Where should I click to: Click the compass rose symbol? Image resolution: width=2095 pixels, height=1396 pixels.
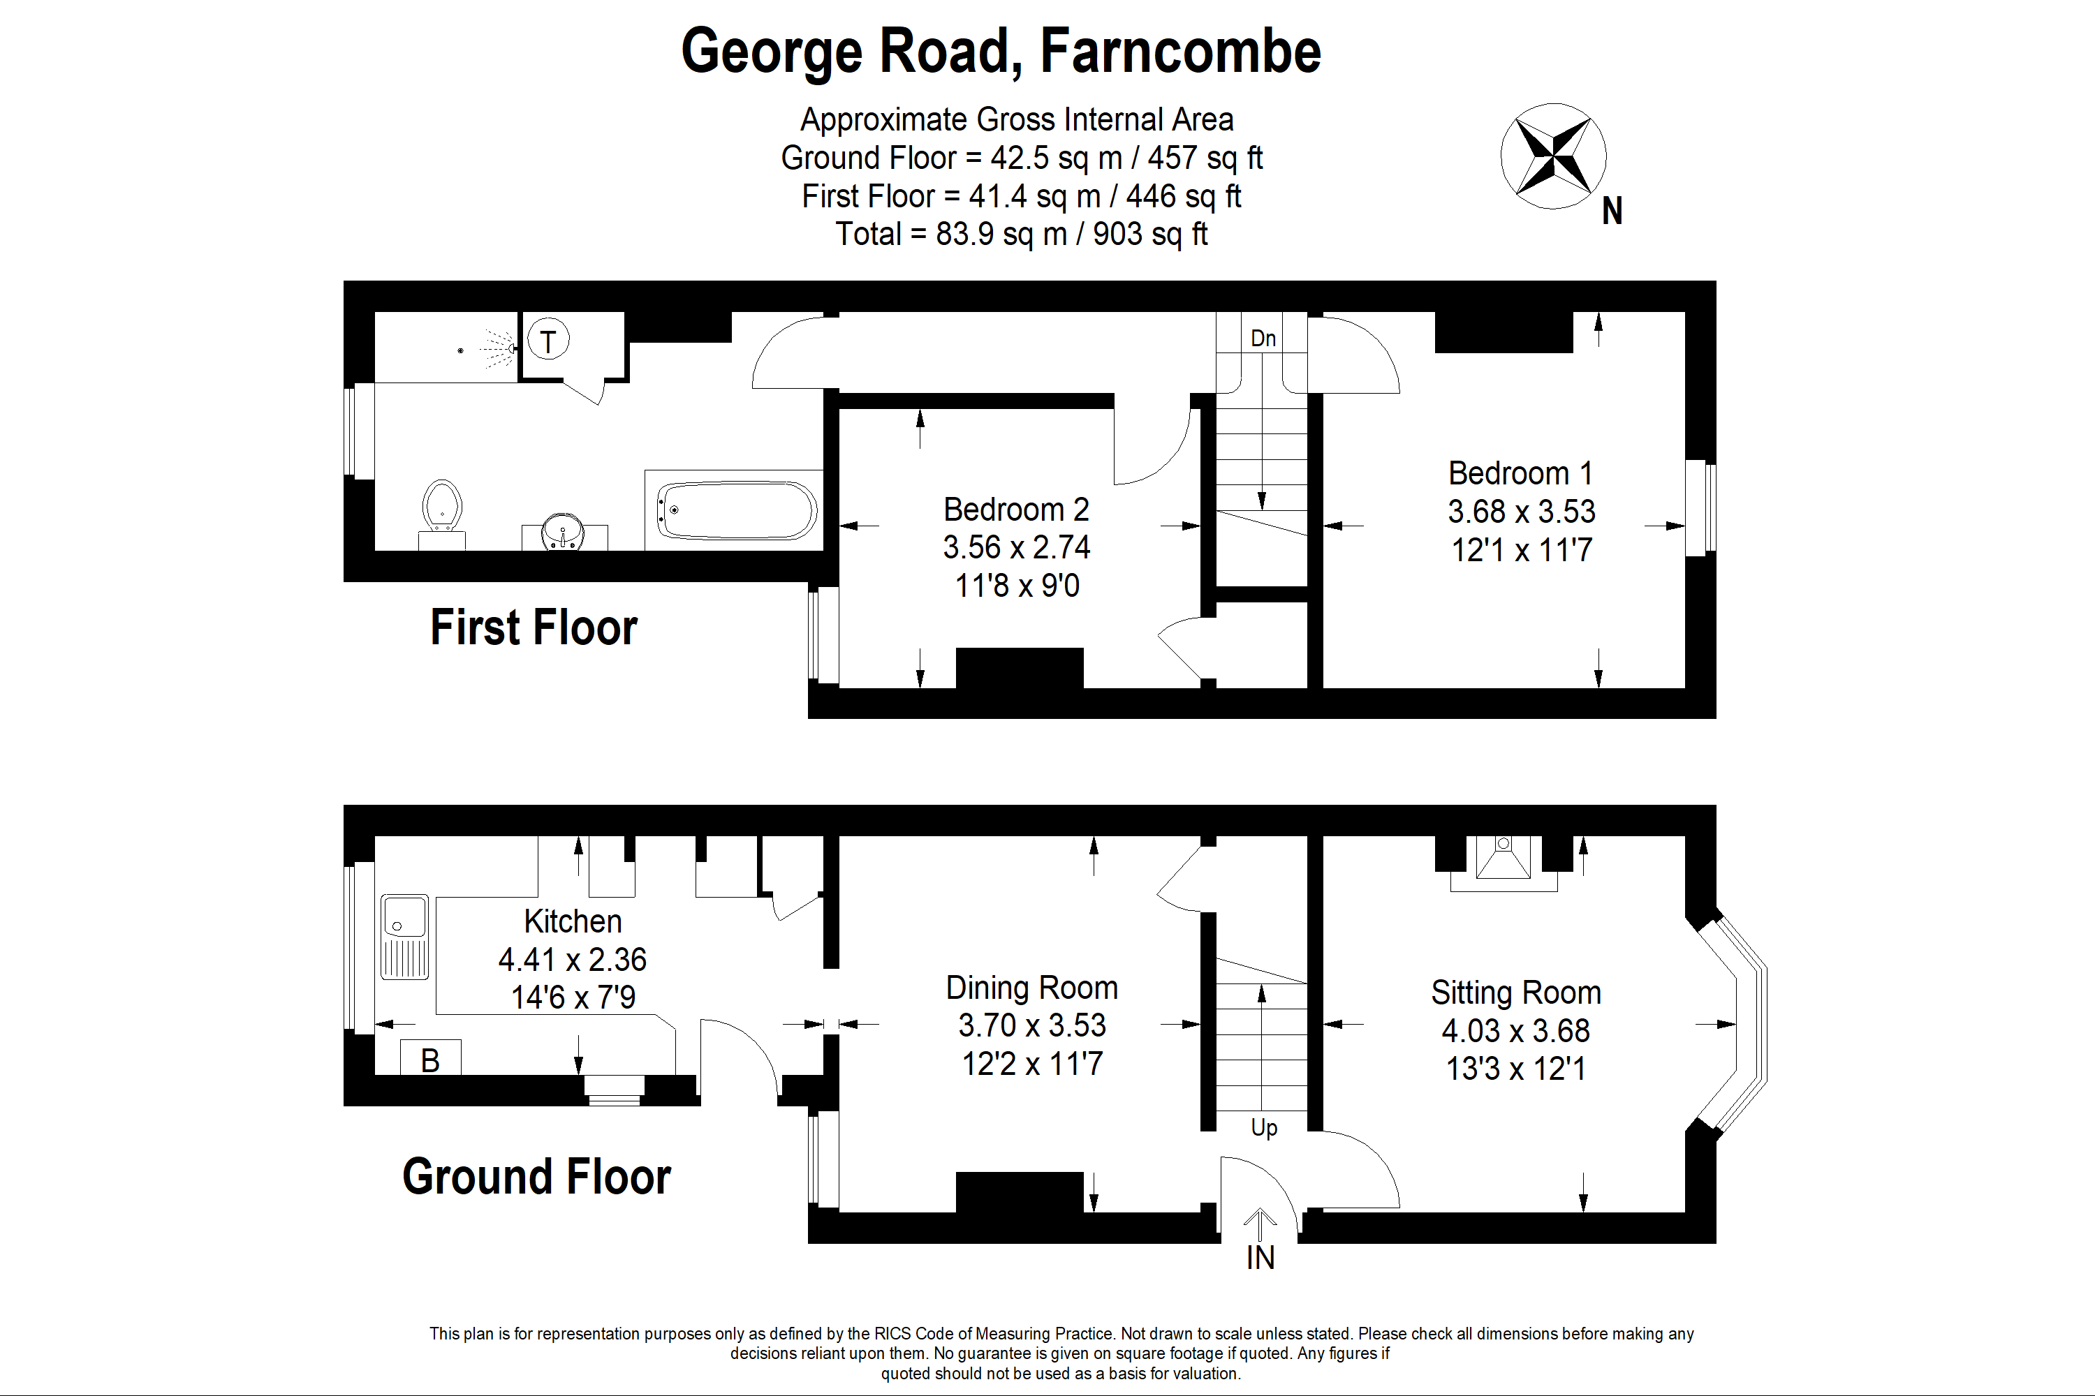point(1553,156)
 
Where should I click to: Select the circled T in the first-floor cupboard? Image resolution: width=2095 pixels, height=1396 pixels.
point(547,339)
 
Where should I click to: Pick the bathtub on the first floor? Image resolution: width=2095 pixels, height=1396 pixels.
point(737,510)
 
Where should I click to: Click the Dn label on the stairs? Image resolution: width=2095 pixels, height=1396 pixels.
point(1263,339)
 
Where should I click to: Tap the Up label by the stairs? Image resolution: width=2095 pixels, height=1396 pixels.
point(1264,1128)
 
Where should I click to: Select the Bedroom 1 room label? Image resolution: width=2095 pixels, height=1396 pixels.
point(1520,473)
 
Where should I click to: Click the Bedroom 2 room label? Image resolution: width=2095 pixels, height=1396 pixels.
point(1016,510)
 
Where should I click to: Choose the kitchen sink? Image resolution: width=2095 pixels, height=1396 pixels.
point(404,937)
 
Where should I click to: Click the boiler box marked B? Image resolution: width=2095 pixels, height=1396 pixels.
point(430,1057)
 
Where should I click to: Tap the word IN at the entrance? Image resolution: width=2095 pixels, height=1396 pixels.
point(1260,1257)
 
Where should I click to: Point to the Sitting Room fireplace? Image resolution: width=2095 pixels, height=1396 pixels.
point(1504,863)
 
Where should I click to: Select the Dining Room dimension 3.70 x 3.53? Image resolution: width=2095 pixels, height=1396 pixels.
point(1032,1025)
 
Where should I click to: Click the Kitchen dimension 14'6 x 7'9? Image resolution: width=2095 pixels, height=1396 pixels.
point(573,997)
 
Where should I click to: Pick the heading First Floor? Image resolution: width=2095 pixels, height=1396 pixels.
point(534,628)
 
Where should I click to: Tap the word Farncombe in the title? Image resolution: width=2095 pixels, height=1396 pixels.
point(1180,52)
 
